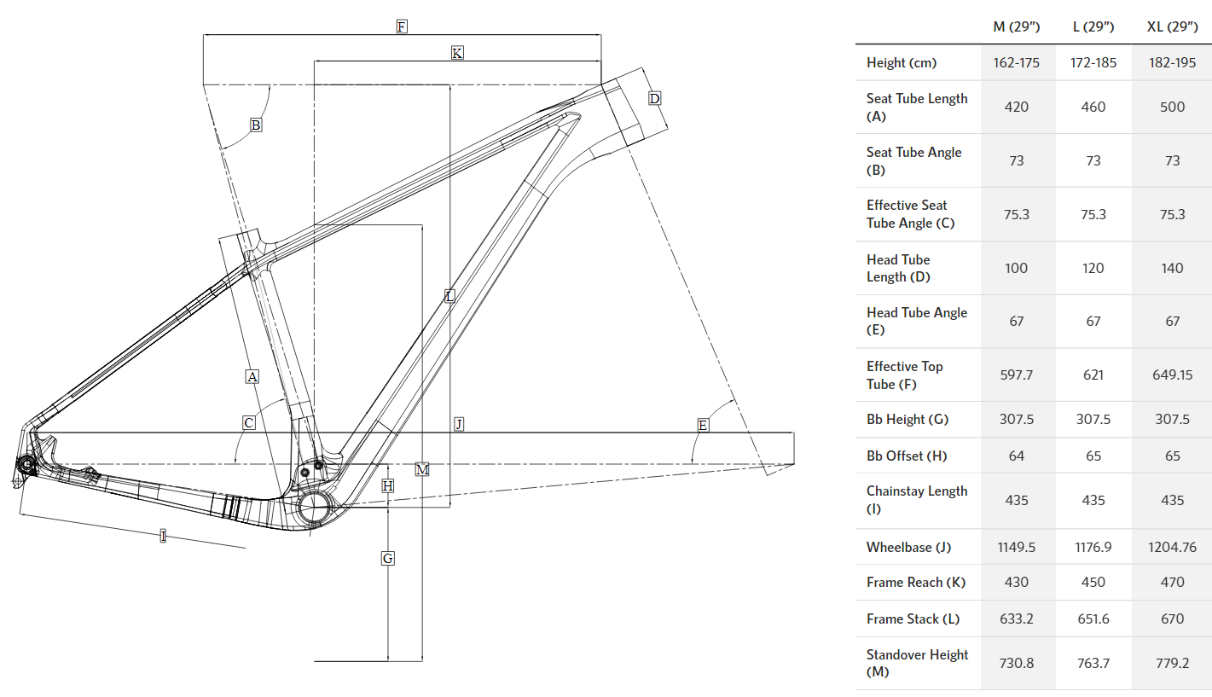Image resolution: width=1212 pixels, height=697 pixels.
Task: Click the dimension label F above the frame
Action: pos(401,26)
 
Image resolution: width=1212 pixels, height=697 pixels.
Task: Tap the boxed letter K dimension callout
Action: pos(457,53)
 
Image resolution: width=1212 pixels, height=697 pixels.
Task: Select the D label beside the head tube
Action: pos(654,98)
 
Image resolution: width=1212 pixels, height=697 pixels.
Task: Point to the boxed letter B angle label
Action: pos(255,125)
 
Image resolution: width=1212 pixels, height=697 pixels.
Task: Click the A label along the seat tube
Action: pos(252,375)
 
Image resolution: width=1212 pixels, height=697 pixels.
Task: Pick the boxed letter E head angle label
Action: pos(703,425)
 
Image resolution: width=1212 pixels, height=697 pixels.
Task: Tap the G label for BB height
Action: pos(388,558)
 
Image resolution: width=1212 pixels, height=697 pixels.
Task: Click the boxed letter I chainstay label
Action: pos(163,536)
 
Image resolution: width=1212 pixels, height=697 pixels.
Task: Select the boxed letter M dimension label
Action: pos(422,469)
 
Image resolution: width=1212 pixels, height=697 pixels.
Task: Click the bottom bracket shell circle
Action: pos(315,506)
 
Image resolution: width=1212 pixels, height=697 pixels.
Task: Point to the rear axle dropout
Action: pos(26,464)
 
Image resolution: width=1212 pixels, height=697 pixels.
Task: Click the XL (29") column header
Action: pos(1172,26)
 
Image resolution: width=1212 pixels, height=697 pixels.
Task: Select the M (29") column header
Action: pos(1017,26)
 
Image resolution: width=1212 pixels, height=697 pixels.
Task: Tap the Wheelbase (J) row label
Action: pos(908,547)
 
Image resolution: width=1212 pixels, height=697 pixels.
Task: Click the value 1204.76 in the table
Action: pos(1172,547)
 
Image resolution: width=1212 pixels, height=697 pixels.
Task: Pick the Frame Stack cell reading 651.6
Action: pos(1093,619)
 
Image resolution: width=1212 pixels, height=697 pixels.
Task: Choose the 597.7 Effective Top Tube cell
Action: pos(1017,375)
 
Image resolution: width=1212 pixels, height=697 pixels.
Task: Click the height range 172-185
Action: pos(1093,62)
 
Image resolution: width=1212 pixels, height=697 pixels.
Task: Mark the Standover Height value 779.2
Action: pos(1172,663)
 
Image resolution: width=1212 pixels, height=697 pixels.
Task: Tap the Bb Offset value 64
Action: pos(1017,456)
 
